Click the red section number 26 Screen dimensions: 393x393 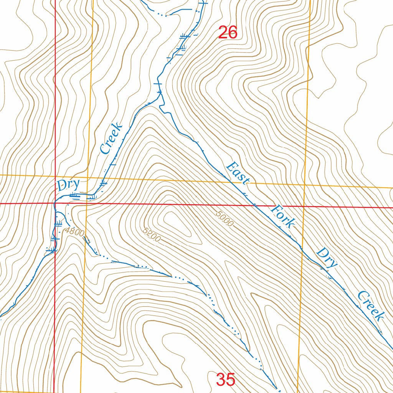[x=228, y=33]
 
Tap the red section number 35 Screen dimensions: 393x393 [x=226, y=380]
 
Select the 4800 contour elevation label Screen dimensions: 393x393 [x=74, y=232]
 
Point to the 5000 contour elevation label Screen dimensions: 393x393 [x=224, y=219]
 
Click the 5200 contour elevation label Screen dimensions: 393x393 [x=151, y=234]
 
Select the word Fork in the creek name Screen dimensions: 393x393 [x=283, y=216]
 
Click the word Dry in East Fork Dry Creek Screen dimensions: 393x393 [x=327, y=258]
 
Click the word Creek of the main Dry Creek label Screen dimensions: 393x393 [x=111, y=138]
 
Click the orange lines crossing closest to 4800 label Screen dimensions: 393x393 [x=88, y=177]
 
